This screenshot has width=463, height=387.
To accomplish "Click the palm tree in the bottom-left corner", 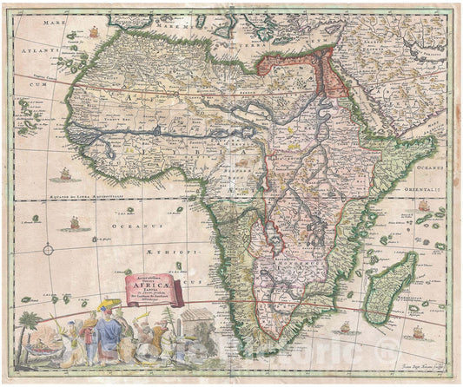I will [32, 326].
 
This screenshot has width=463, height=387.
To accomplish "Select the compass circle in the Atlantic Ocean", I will [48, 250].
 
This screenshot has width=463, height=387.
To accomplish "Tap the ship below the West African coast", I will [64, 174].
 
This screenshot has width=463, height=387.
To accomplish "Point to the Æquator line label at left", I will [65, 195].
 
